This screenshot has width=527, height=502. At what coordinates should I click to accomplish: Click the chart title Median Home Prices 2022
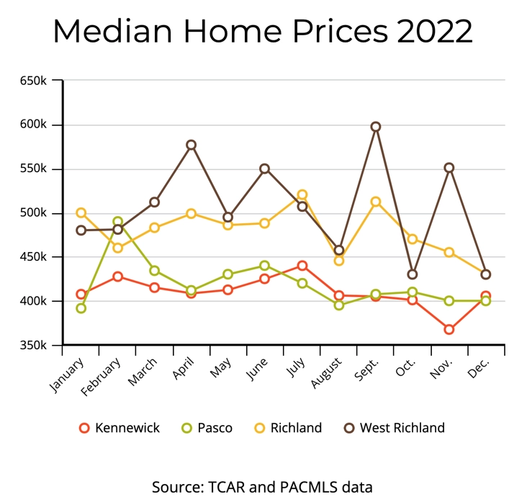[x=263, y=31]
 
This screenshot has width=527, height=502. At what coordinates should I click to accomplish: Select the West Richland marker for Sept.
[x=375, y=127]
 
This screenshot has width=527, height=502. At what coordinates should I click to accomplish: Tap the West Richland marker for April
[x=191, y=145]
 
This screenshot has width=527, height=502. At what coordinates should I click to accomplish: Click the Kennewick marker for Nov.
[x=449, y=329]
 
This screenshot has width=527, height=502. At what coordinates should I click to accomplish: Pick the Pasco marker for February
[x=117, y=222]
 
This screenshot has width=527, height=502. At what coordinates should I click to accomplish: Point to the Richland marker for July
[x=302, y=194]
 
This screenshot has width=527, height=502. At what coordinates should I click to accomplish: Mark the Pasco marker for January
[x=81, y=308]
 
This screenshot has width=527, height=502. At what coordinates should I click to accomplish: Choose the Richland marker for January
[x=81, y=213]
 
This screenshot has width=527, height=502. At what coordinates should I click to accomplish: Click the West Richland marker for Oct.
[x=412, y=274]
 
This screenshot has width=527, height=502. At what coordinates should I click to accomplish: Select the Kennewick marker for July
[x=302, y=266]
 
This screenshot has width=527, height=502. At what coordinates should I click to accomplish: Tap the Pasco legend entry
[x=207, y=428]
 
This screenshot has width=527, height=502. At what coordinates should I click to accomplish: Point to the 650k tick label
[x=34, y=81]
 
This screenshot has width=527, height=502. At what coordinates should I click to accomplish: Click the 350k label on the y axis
[x=34, y=346]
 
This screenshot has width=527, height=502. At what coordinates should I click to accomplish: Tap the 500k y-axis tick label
[x=34, y=213]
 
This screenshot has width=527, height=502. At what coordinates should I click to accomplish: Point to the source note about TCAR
[x=263, y=487]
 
